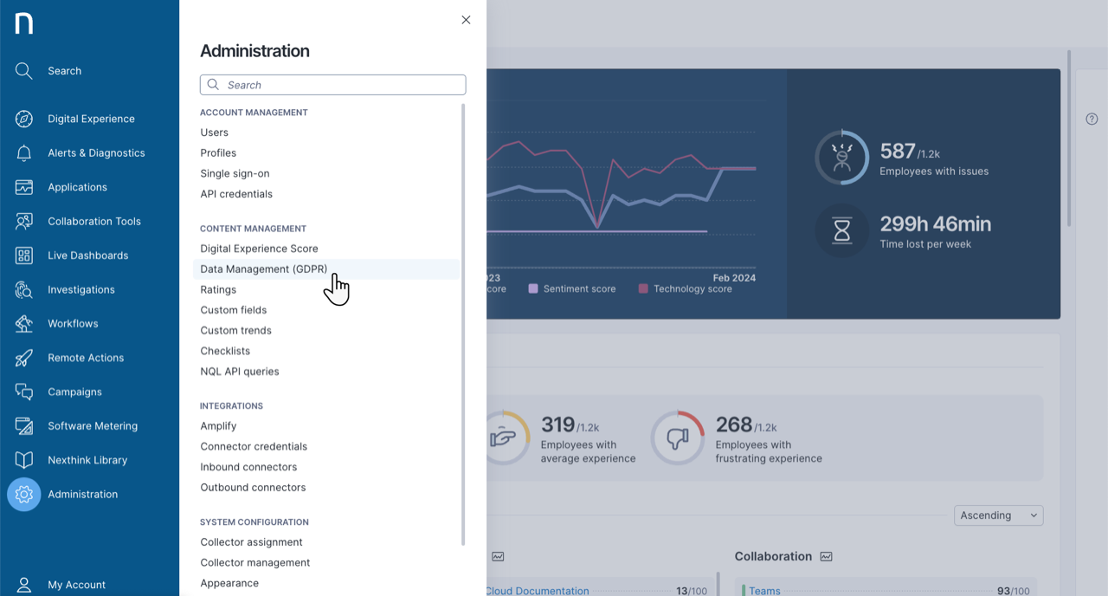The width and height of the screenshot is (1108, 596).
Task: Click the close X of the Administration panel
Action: tap(466, 20)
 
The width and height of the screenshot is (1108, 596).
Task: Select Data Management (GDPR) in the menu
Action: tap(264, 269)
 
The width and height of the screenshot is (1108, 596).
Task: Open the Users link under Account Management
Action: tap(215, 133)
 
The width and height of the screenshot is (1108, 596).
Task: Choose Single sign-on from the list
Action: tap(235, 173)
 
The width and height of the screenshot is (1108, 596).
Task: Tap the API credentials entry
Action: tap(236, 194)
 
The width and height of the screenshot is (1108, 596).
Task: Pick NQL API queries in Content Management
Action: tap(240, 372)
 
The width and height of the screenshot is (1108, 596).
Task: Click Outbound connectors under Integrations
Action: tap(253, 488)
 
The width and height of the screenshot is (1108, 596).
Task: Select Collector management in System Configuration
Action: tap(255, 563)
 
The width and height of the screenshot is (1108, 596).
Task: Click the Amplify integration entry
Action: tap(218, 426)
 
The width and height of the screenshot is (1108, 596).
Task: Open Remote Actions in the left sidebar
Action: tap(86, 358)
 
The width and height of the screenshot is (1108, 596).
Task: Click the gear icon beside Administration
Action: tap(24, 495)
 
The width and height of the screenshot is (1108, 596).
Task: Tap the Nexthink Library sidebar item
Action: tap(87, 460)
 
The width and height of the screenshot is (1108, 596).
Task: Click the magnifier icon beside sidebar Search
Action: tap(24, 71)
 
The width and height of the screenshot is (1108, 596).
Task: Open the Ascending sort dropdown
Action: tap(998, 515)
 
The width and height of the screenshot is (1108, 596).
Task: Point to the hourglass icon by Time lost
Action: tap(842, 230)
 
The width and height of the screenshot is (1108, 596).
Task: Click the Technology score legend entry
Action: tap(692, 288)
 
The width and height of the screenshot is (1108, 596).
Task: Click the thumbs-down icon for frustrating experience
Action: tap(678, 437)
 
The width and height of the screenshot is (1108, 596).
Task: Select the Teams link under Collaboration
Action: tap(764, 591)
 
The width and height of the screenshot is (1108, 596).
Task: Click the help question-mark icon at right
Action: tap(1092, 119)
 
